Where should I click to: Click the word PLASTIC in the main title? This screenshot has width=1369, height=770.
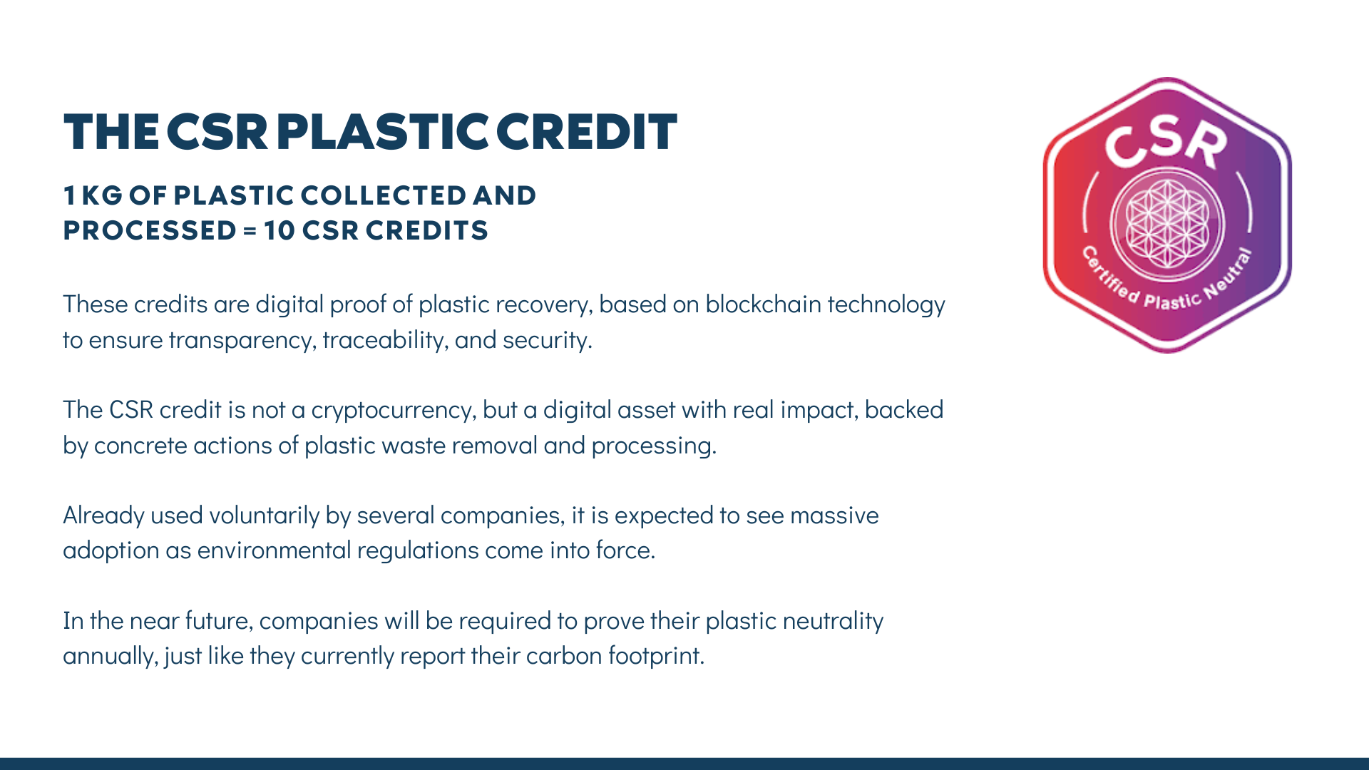click(x=383, y=132)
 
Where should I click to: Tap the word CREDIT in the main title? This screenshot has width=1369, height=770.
click(x=586, y=132)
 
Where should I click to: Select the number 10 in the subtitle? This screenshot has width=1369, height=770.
click(x=279, y=230)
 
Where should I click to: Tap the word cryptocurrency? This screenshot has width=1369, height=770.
click(x=394, y=411)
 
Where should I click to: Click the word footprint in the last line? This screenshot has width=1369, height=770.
click(x=656, y=656)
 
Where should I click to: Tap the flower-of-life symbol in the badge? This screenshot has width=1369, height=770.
click(x=1167, y=223)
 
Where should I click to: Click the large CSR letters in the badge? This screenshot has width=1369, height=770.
click(x=1167, y=140)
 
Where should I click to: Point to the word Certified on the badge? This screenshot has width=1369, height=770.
click(x=1110, y=275)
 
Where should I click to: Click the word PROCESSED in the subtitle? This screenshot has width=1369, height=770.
click(x=150, y=230)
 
